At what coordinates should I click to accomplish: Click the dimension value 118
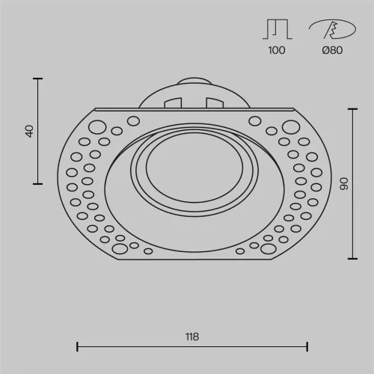(192, 337)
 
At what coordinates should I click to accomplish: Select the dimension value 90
(344, 184)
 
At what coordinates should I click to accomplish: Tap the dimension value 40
(29, 131)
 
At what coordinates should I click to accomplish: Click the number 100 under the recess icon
(277, 50)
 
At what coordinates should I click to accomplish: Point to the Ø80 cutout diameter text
(332, 50)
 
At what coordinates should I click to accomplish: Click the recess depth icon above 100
(278, 29)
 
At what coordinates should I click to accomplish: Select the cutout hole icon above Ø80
(332, 29)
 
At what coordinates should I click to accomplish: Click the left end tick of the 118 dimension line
(77, 346)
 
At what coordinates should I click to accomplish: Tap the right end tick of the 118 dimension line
(307, 346)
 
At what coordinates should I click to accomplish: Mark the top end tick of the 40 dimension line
(38, 79)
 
